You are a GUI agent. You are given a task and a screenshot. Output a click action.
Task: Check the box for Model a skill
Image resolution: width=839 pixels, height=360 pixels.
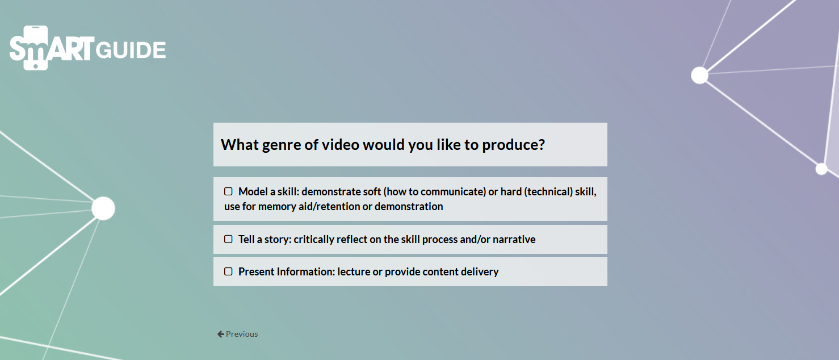coord(228,191)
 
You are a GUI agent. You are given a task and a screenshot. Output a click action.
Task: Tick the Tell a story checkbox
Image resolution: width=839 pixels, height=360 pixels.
coord(228,239)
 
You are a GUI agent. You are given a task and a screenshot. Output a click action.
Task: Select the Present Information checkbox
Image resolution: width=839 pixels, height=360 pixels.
coord(228,271)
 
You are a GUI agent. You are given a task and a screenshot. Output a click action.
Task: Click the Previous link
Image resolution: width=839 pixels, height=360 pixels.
coord(237,334)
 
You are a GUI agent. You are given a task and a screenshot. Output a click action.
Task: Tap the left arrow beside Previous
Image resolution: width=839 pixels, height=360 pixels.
coord(221,334)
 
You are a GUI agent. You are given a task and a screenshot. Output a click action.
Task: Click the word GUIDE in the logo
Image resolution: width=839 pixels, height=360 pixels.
coord(131,50)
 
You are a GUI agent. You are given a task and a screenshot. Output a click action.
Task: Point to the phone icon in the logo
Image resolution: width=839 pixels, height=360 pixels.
coord(36,48)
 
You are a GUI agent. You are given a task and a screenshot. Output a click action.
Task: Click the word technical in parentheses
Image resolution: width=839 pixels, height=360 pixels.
coord(548,191)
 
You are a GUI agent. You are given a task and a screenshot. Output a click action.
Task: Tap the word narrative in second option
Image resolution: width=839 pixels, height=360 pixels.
coord(514,240)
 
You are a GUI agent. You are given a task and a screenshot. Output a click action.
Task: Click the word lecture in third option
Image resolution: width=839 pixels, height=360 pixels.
coord(354,271)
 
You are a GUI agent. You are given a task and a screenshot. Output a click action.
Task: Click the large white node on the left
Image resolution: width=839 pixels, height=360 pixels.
coord(103,208)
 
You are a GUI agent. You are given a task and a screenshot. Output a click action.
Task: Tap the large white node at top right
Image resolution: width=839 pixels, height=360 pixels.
coord(699,76)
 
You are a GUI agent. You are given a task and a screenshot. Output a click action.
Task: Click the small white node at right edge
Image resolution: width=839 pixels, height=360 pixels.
coord(821,169)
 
